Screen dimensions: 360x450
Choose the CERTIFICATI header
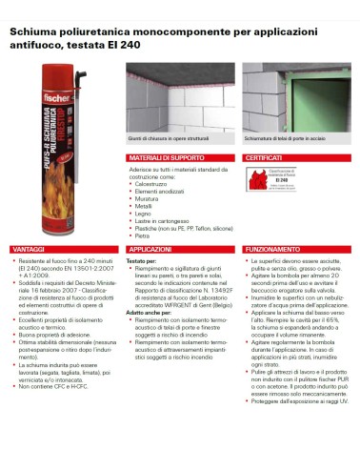tap(264, 156)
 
